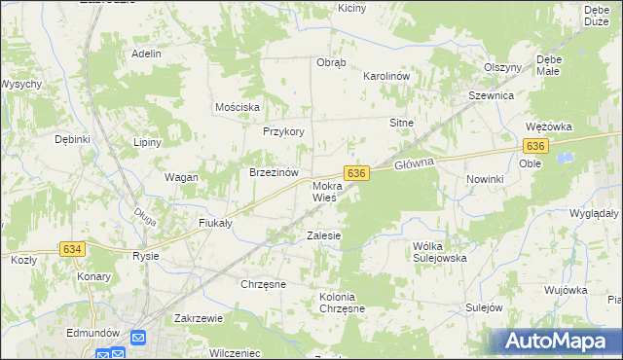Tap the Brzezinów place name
[x=274, y=172]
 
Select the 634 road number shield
[x=72, y=250]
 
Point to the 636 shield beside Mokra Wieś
[x=357, y=172]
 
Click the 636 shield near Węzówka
[x=534, y=146]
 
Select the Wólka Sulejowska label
[x=440, y=252]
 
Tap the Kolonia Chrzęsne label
[x=342, y=302]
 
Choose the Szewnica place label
[x=491, y=96]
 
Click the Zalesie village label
[x=324, y=235]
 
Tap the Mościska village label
[x=237, y=106]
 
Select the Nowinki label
[x=485, y=179]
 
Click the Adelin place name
[x=146, y=54]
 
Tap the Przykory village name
[x=284, y=131]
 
